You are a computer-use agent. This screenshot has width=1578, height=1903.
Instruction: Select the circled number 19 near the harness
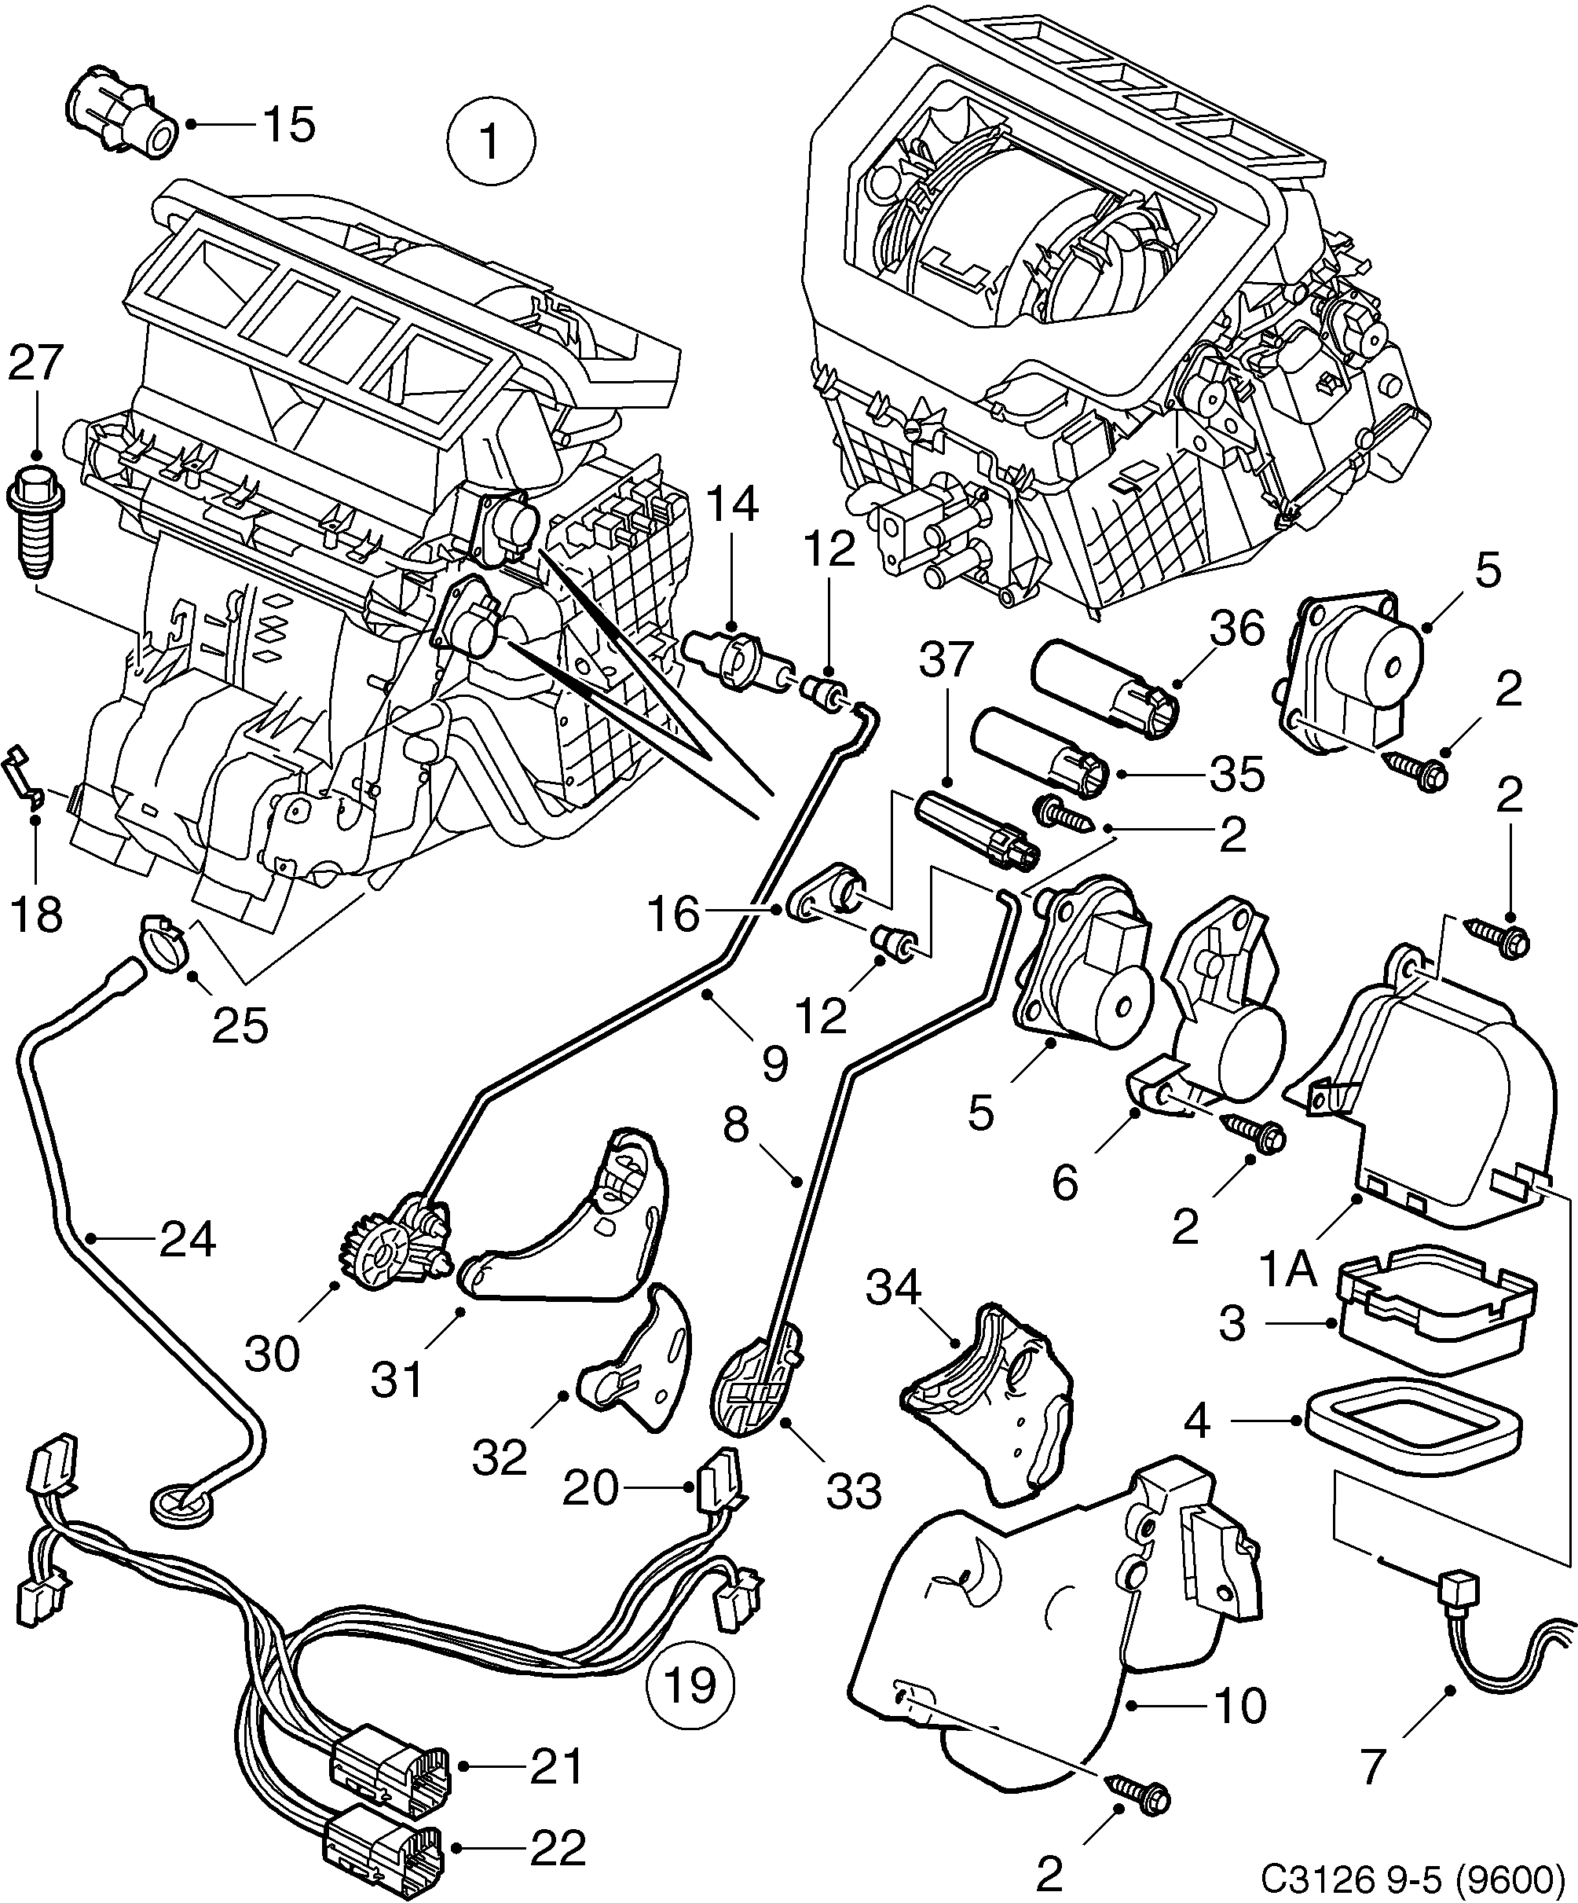(x=690, y=1685)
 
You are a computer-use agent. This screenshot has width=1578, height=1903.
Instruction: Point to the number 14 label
(x=732, y=506)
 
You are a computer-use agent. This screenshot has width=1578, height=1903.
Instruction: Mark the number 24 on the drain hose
(x=188, y=1240)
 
